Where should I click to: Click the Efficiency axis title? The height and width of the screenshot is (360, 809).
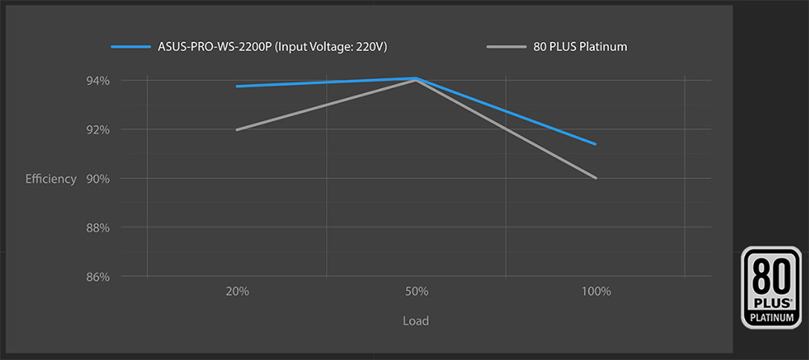point(51,179)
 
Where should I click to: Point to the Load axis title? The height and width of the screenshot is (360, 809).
point(416,321)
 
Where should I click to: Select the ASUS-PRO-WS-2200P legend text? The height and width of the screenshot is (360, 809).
point(273,47)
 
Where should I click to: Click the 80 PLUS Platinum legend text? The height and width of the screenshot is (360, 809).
point(580,47)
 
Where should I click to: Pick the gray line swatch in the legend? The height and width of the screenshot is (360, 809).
point(508,47)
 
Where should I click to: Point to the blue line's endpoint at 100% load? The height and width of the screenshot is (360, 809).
point(595,144)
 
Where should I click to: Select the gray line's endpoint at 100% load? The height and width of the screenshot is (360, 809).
point(596,178)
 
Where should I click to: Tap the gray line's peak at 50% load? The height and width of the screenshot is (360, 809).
point(416,80)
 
